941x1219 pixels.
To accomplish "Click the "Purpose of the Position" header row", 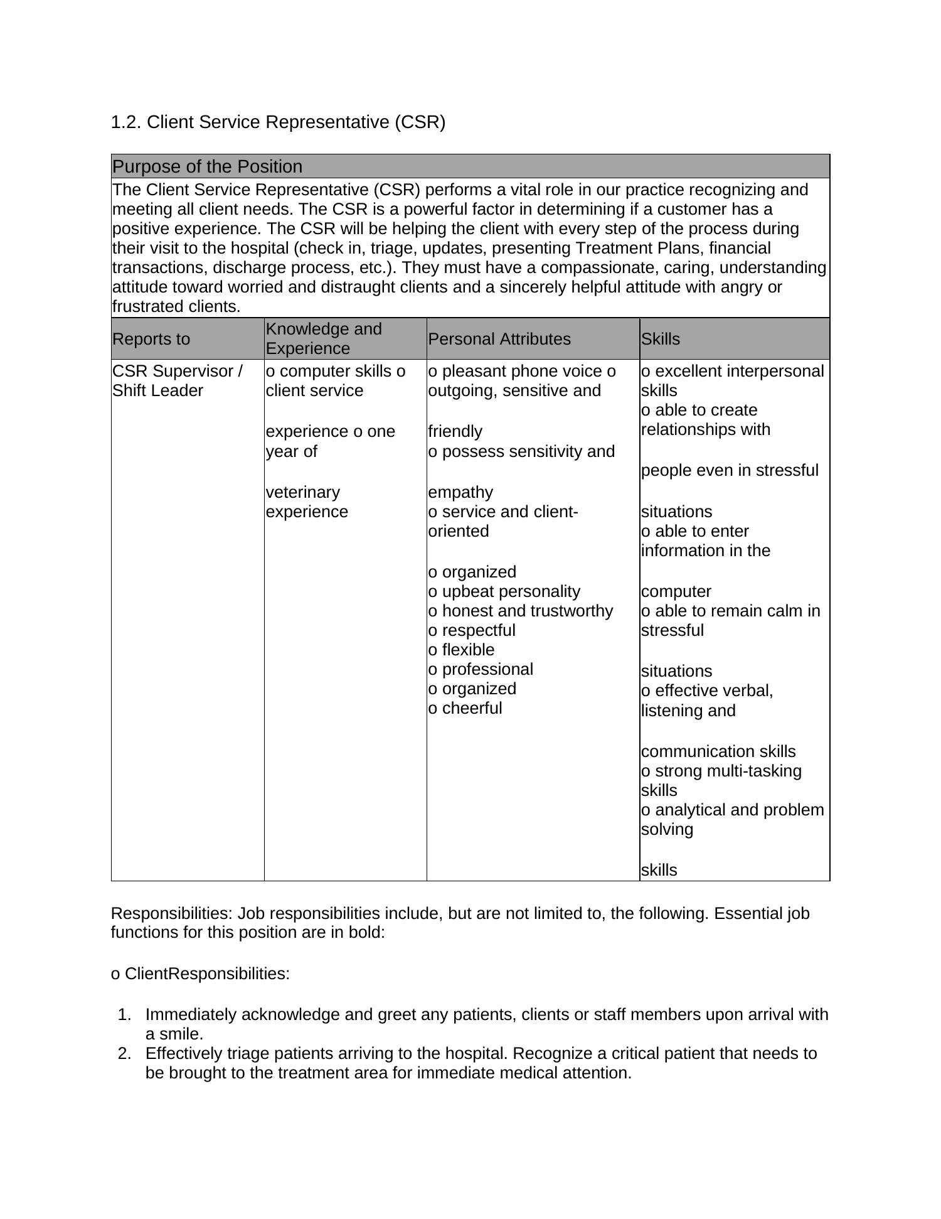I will [207, 167].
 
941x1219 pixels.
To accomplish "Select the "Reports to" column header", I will [151, 339].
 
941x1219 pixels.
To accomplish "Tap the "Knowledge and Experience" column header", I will [323, 339].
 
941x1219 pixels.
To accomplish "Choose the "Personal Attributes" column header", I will [499, 339].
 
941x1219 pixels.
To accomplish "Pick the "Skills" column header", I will [661, 339].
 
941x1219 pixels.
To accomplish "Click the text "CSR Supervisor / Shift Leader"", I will [177, 381].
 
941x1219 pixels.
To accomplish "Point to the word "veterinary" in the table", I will [303, 492].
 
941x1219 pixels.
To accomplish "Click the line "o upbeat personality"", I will [504, 591].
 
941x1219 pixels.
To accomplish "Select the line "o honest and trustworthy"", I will [520, 611].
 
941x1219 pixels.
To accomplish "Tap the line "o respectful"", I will [472, 630].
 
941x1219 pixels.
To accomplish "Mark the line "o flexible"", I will [461, 650].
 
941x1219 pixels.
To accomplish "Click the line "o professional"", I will [481, 669].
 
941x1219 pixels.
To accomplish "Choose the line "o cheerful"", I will [465, 708].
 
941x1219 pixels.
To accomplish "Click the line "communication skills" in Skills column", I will [718, 751].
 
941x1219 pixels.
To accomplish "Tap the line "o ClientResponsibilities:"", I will [200, 974].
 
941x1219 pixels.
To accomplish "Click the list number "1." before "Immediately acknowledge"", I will [124, 1014].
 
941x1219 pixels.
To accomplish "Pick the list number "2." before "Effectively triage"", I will [124, 1053].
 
